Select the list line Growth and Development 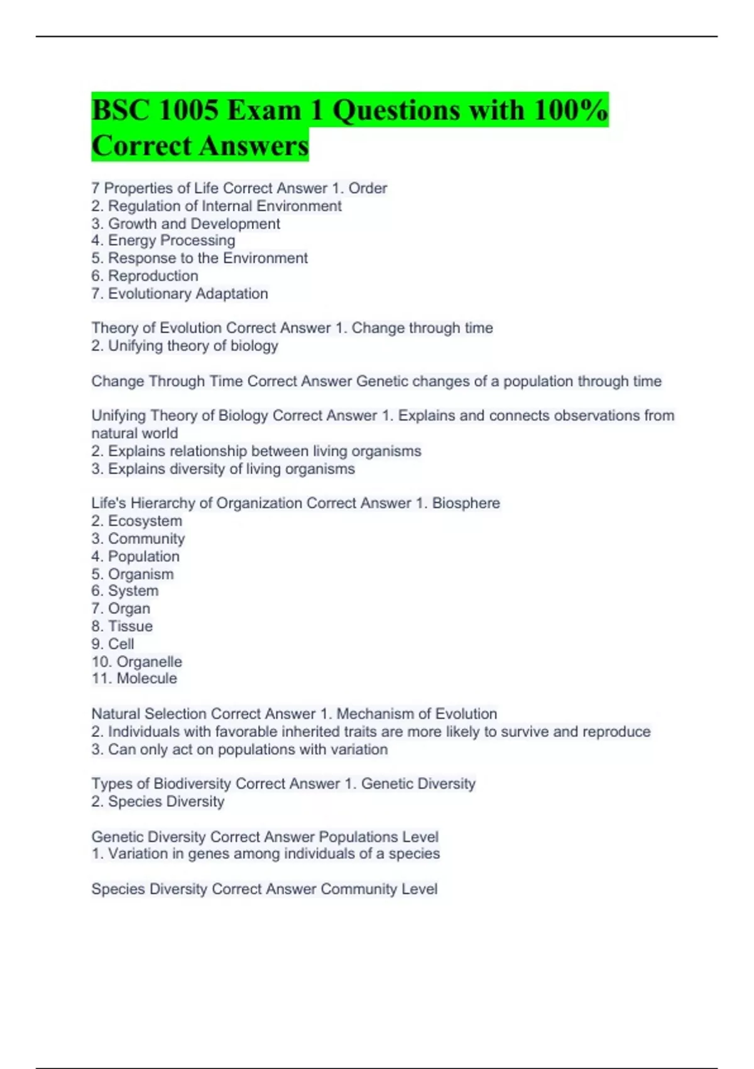tap(194, 224)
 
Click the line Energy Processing tap(171, 240)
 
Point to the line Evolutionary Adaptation tap(187, 294)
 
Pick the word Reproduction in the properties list tap(153, 276)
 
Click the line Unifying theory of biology tap(192, 346)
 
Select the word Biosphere tap(466, 503)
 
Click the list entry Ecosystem tap(145, 521)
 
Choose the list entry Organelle tap(149, 662)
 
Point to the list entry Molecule tap(146, 679)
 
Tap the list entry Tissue tap(130, 626)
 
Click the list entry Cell tap(121, 644)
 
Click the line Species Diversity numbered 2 tap(165, 802)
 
